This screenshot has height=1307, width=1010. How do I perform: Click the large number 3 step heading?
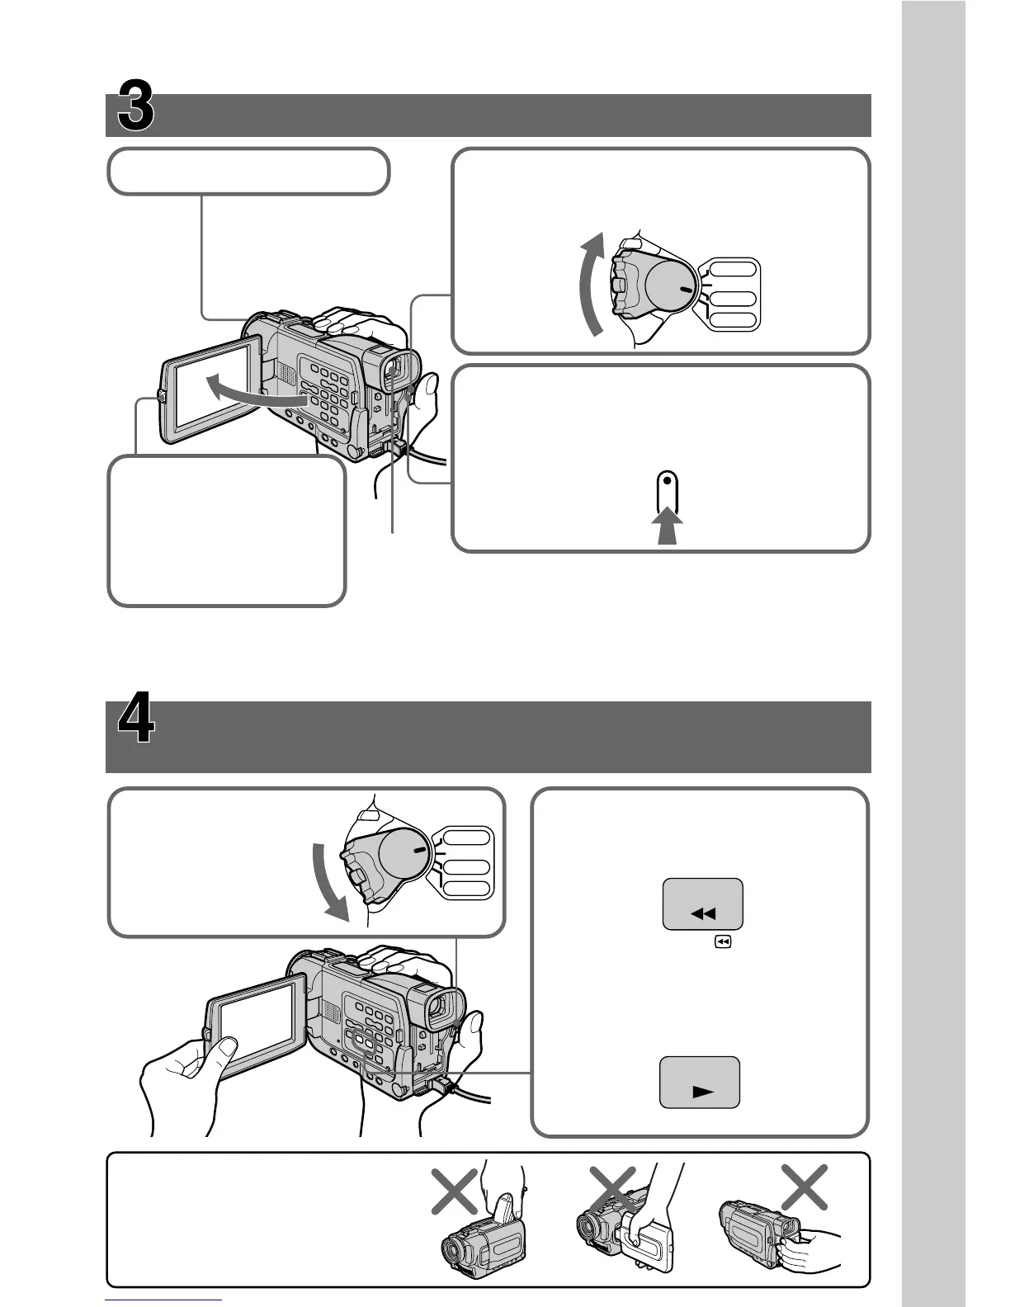coord(135,106)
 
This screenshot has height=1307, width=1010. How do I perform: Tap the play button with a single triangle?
coord(701,1083)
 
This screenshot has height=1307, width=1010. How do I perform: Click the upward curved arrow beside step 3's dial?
coord(589,285)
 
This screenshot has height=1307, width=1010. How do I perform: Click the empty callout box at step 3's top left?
coord(248,172)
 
